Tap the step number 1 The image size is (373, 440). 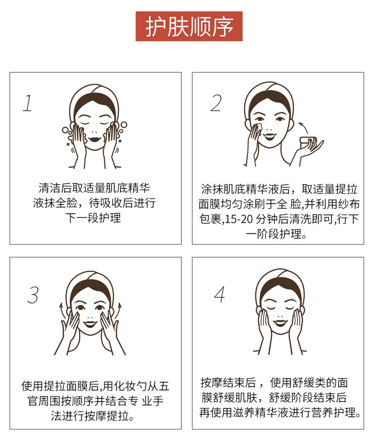[x=27, y=103]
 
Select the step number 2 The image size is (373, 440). [x=216, y=103]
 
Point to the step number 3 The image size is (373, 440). [x=33, y=295]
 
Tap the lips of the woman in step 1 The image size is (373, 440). [x=94, y=139]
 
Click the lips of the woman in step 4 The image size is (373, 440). [x=280, y=323]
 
